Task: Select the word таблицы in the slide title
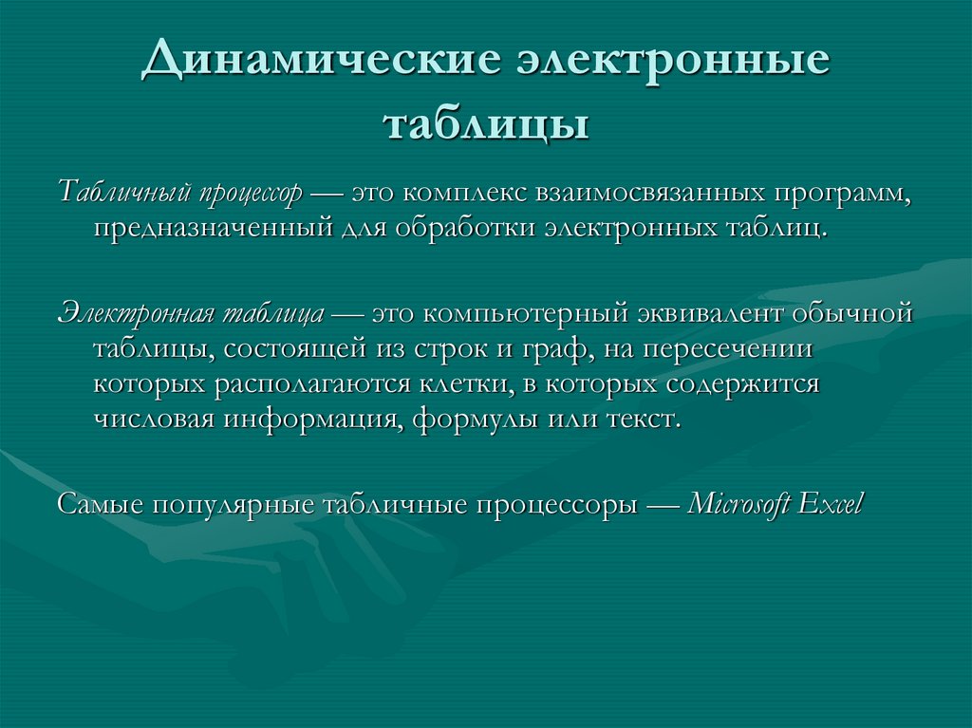(x=485, y=123)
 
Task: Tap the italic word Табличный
(x=124, y=193)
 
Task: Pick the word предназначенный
(x=213, y=229)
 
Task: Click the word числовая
(x=155, y=420)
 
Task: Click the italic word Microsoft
(x=738, y=503)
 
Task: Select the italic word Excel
(x=831, y=503)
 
